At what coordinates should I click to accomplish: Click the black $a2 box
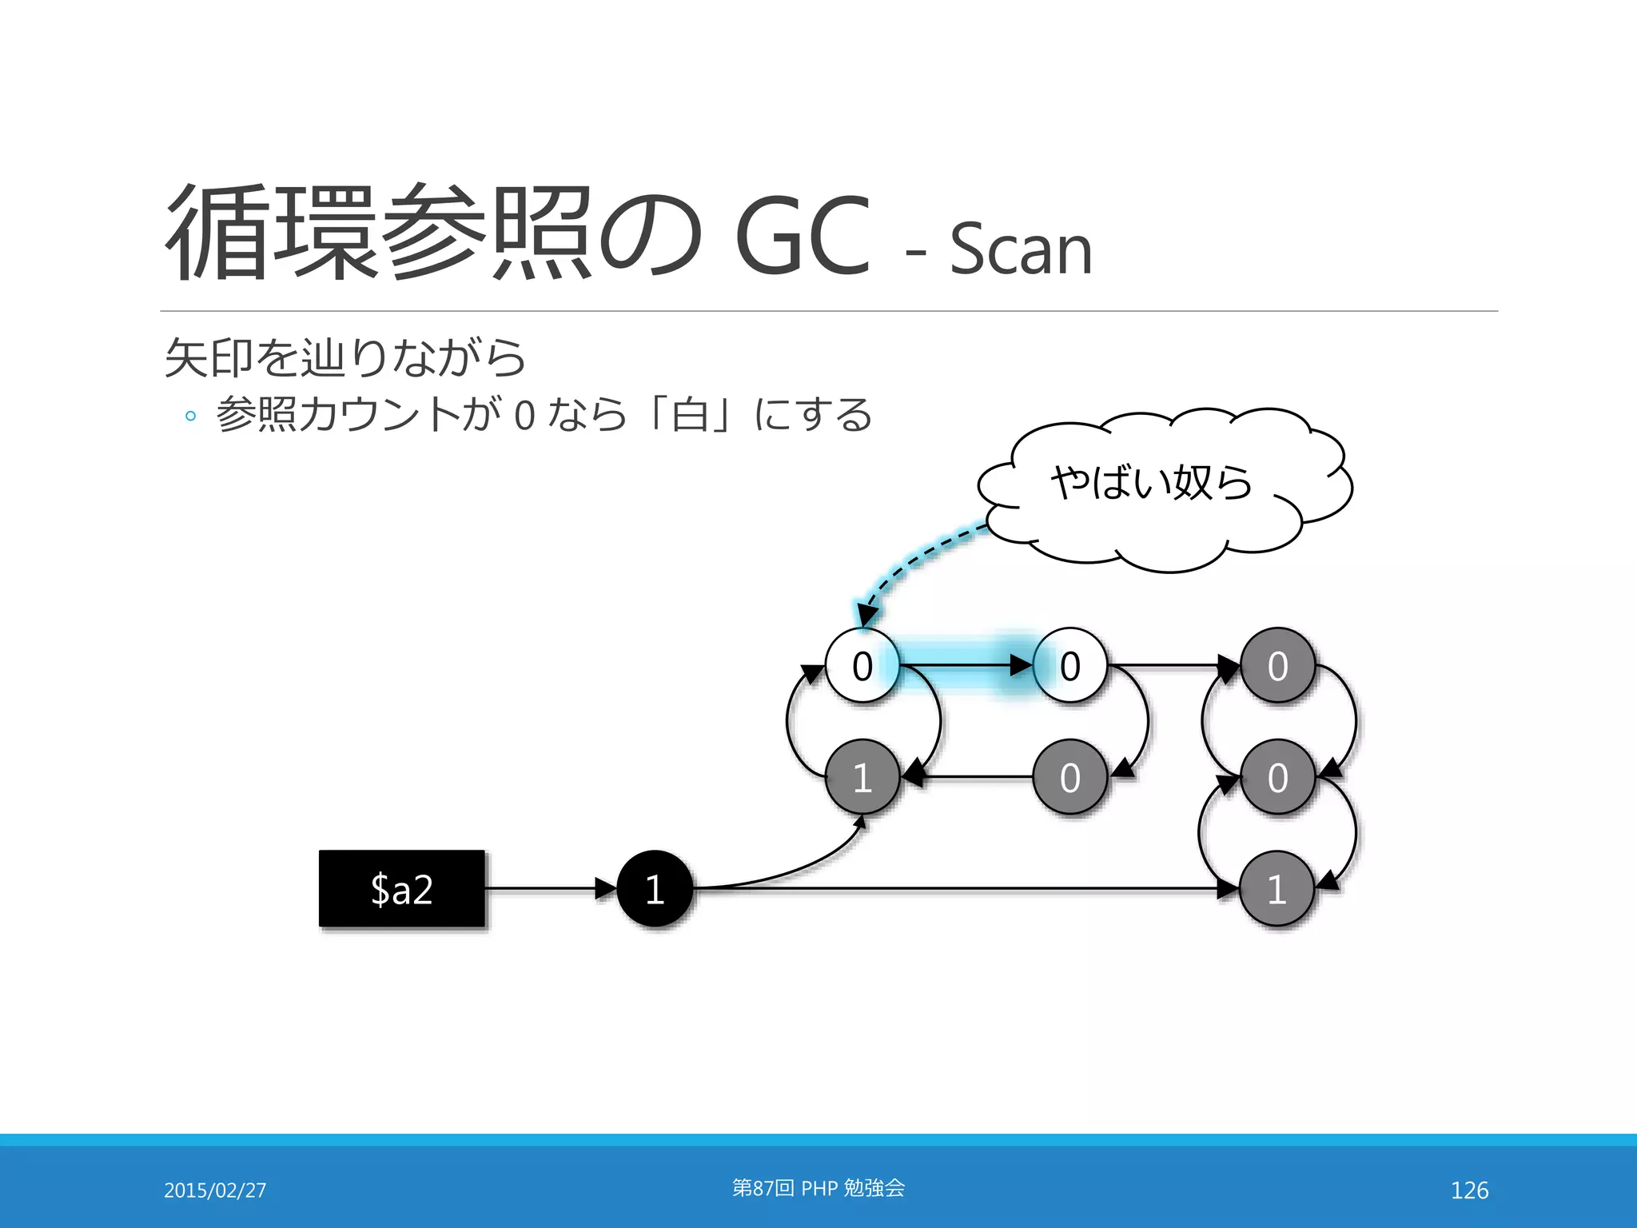[402, 888]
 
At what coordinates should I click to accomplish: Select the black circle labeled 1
[655, 888]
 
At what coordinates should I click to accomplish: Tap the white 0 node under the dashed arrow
[862, 665]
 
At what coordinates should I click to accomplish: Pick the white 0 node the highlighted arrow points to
[1069, 665]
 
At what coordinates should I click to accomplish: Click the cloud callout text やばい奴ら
[1151, 483]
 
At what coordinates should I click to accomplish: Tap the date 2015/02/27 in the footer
[215, 1190]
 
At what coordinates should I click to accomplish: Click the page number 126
[1469, 1190]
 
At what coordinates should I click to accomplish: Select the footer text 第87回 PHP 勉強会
[818, 1188]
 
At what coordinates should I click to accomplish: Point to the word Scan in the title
[1021, 249]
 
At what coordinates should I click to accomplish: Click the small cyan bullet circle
[190, 416]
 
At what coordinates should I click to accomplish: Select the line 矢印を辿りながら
[345, 357]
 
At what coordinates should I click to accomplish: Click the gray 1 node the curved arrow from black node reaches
[862, 777]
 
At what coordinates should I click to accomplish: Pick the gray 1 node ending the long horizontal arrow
[1277, 888]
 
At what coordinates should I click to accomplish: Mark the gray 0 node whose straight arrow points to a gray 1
[1069, 777]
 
